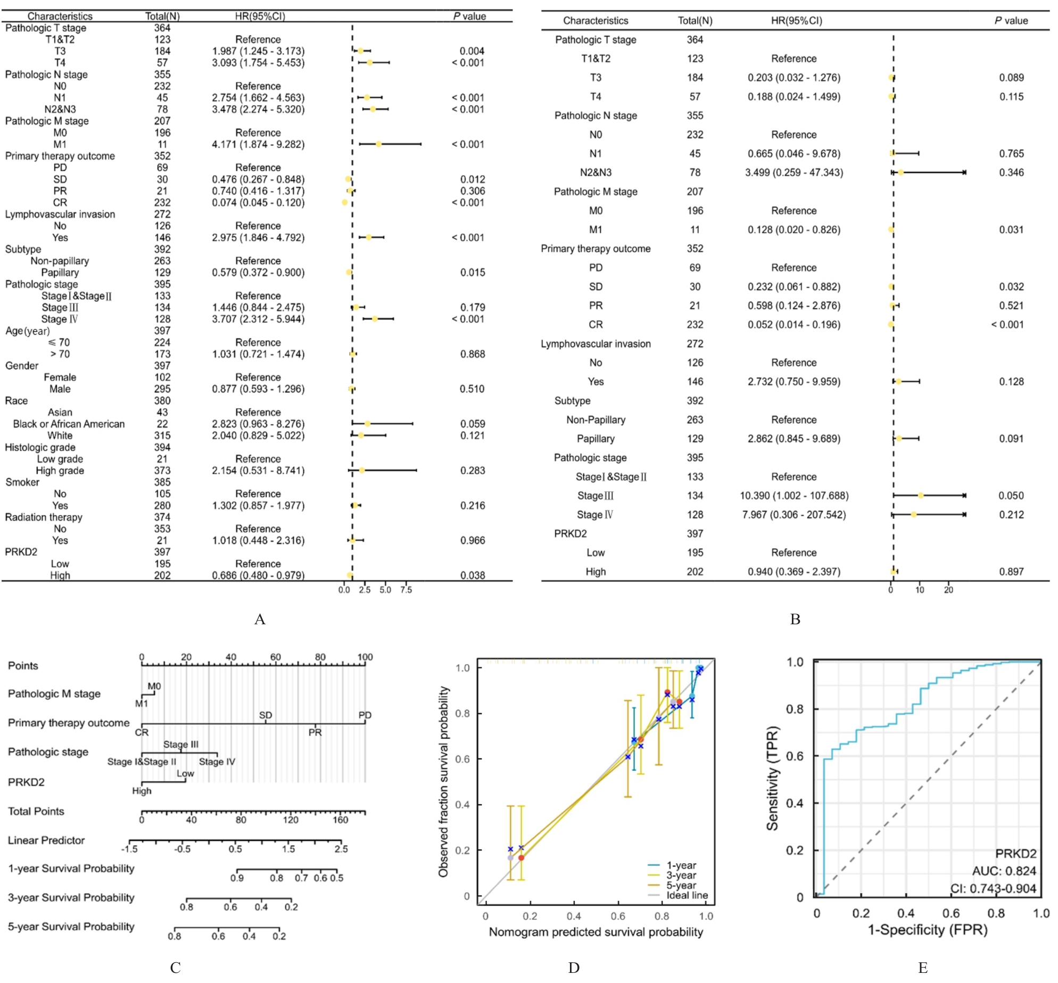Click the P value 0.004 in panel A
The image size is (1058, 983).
point(472,51)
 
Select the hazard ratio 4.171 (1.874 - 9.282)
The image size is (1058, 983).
point(258,144)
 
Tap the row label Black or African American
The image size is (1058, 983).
point(69,424)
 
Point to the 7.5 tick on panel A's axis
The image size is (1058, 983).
point(406,590)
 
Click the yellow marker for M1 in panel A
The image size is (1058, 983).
point(378,144)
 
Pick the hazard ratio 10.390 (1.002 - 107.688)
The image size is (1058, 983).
point(794,495)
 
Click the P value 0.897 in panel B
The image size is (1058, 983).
point(1011,572)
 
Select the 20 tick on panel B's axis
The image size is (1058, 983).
point(948,590)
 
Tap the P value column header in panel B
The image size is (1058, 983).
point(1011,21)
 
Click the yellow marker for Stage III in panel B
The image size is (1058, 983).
point(921,495)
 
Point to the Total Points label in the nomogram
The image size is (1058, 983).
point(36,811)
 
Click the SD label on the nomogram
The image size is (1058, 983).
point(266,715)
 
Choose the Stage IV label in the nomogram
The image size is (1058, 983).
point(217,762)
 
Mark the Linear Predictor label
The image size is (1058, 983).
point(46,840)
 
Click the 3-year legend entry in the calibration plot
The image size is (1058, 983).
point(681,875)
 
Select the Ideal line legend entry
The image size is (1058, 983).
point(687,895)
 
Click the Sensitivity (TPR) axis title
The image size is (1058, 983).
point(772,778)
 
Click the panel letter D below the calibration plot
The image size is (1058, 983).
point(574,968)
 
